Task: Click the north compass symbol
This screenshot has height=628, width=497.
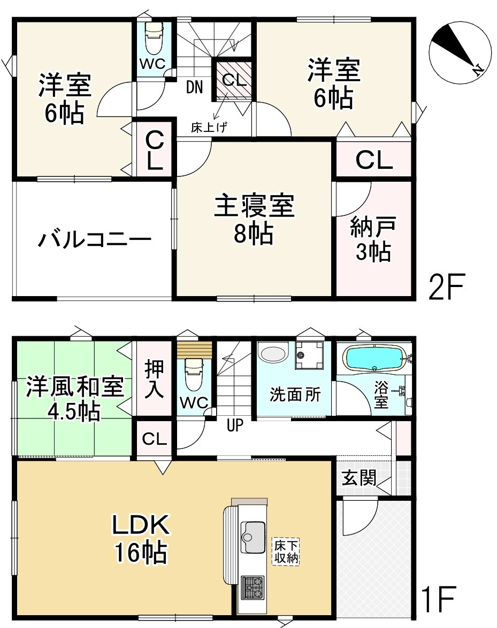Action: (460, 53)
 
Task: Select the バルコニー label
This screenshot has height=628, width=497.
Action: (95, 240)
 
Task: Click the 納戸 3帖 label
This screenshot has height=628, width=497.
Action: (373, 239)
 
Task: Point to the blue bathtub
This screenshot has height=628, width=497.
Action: (374, 357)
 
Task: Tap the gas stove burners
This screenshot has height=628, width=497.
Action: (253, 587)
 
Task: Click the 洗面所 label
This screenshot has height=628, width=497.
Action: (295, 394)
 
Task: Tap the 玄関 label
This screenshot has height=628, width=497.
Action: (359, 478)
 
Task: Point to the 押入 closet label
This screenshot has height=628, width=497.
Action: (154, 379)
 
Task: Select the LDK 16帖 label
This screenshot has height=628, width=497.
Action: (141, 539)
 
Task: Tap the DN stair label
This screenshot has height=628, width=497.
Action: (194, 87)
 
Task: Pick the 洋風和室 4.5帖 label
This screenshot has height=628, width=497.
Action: (75, 399)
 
